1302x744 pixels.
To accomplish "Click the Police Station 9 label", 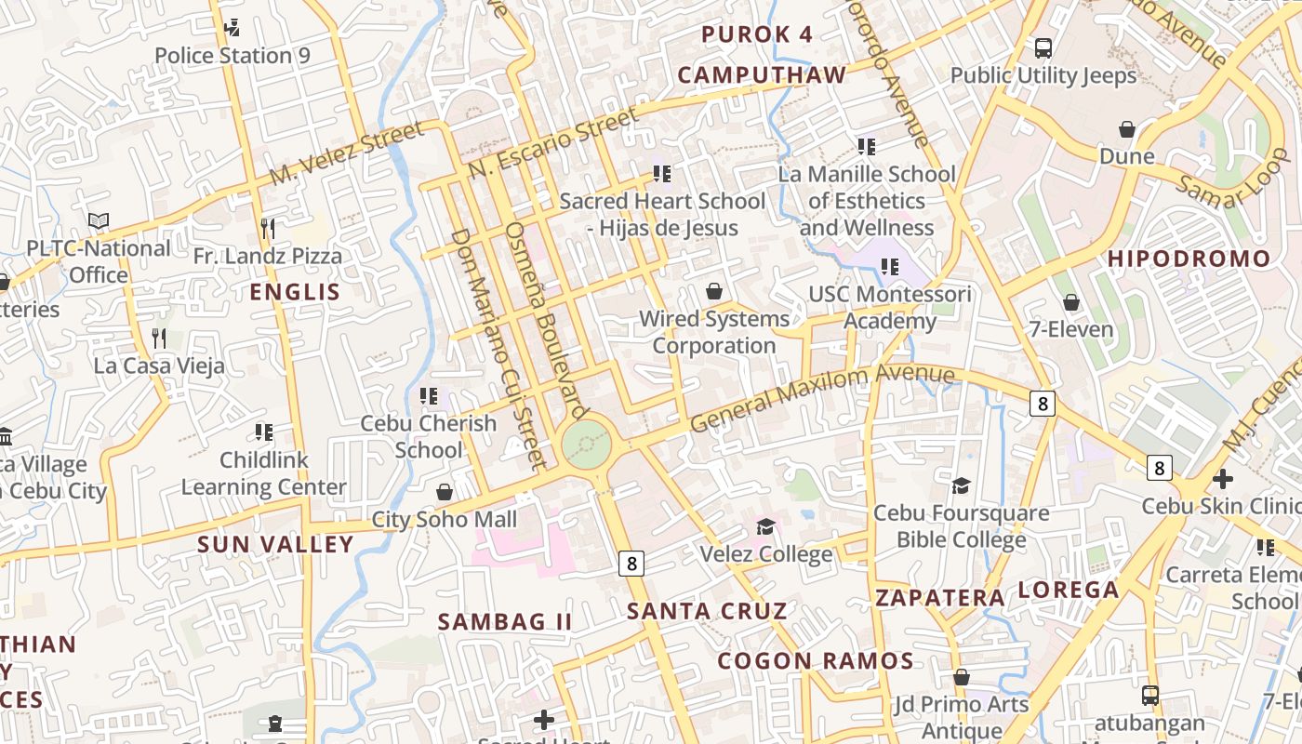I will coord(232,56).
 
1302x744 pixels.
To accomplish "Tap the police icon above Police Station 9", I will coord(232,28).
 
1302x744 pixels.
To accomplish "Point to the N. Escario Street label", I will coord(553,142).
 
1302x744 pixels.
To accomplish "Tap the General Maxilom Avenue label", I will coord(822,397).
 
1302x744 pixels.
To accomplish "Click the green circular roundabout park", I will coord(587,445).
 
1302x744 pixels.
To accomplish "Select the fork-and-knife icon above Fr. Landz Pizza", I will coord(268,228).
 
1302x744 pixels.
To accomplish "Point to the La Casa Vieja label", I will coord(159,365).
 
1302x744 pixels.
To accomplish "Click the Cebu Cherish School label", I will coord(429,436).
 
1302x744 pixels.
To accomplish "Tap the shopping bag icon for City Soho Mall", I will coord(445,491).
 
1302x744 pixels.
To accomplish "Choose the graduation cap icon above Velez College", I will coord(765,527).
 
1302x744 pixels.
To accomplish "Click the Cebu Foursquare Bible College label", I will coord(961,526).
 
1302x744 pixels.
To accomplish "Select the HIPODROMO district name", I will coord(1189,259).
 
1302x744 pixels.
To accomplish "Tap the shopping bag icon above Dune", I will coord(1127,129).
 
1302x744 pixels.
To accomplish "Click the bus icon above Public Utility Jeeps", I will coord(1043,47).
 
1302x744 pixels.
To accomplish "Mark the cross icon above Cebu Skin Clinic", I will coord(1223,479).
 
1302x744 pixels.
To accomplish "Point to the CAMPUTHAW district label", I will coord(762,75).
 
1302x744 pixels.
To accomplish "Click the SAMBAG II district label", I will coord(505,621).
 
